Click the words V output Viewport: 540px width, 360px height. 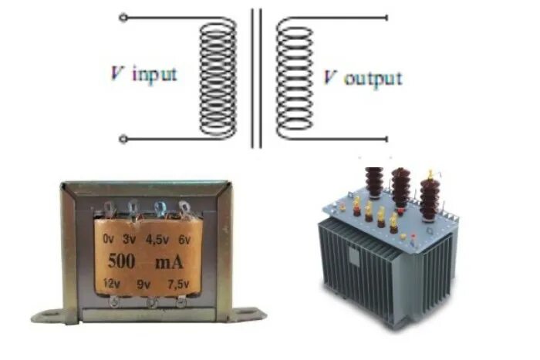(x=362, y=78)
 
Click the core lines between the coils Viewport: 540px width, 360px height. (x=255, y=77)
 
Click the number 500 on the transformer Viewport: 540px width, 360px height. (x=121, y=261)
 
